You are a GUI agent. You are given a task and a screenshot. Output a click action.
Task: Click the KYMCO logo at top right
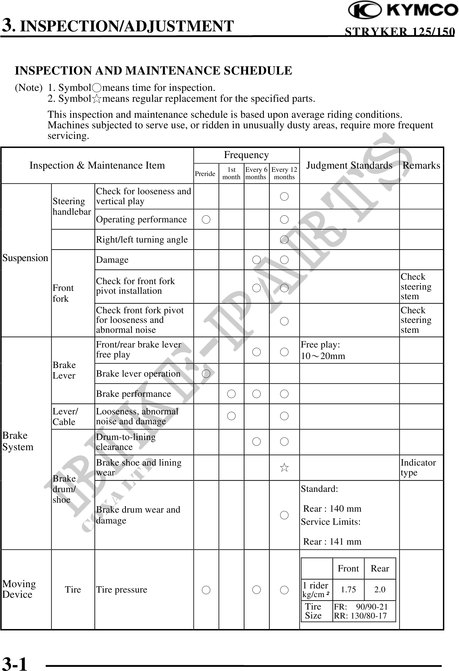(403, 11)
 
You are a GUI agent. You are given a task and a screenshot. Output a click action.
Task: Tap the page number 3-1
(15, 662)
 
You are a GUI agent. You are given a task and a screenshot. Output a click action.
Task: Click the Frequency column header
(246, 155)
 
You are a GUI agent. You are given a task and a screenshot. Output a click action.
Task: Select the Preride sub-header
(205, 174)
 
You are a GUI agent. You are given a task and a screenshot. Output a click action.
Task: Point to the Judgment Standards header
(349, 165)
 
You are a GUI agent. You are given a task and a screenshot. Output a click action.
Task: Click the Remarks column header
(421, 165)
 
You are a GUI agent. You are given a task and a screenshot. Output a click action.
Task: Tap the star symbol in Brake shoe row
(284, 468)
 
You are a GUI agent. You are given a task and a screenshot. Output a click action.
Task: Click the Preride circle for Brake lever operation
(206, 373)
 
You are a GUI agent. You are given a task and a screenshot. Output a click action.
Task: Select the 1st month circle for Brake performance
(231, 394)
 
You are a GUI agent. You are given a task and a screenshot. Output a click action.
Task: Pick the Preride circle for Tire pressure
(206, 589)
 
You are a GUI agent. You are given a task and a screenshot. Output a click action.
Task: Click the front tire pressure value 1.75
(348, 589)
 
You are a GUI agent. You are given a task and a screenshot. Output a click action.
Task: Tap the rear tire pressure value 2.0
(380, 589)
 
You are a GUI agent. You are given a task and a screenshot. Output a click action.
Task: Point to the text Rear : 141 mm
(332, 541)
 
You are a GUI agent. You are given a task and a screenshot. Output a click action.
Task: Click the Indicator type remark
(418, 467)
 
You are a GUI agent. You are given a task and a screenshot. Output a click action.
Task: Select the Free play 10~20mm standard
(323, 350)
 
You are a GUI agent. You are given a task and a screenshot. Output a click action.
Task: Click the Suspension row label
(25, 258)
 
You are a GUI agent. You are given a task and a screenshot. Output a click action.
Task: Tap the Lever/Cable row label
(65, 416)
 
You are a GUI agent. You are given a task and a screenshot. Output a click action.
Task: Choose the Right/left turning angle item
(142, 239)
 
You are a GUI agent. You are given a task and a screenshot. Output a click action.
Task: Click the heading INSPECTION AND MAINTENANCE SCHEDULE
(153, 70)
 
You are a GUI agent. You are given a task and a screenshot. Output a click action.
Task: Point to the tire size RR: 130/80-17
(360, 616)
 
